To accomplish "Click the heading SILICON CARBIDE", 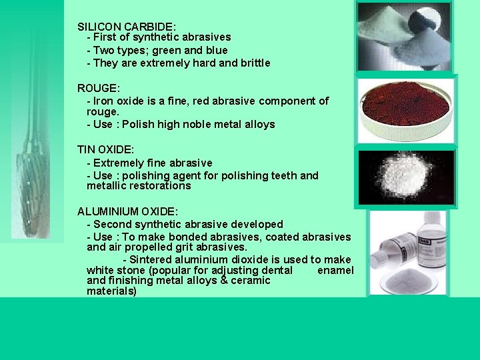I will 127,27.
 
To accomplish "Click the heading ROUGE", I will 99,88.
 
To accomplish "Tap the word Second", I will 112,225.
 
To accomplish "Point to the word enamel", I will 335,270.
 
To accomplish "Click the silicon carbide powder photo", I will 405,37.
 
